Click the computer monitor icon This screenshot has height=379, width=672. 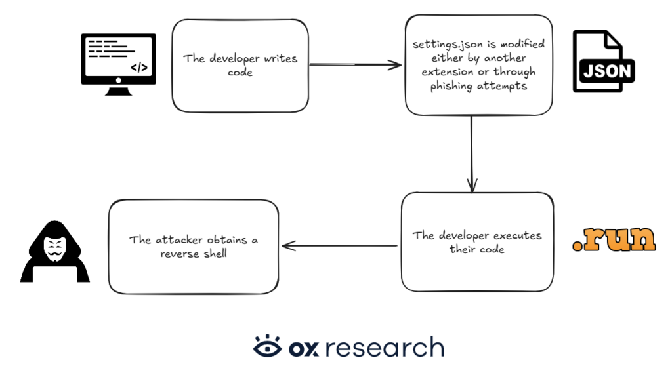pyautogui.click(x=118, y=64)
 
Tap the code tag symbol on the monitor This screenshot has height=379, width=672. pyautogui.click(x=139, y=68)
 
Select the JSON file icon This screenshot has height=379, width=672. pyautogui.click(x=604, y=61)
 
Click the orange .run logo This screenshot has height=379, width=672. pyautogui.click(x=614, y=238)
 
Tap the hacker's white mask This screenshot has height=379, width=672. pyautogui.click(x=55, y=249)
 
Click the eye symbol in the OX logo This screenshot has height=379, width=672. pyautogui.click(x=268, y=346)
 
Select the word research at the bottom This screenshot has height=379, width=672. pyautogui.click(x=385, y=348)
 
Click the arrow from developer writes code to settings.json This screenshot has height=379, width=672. pyautogui.click(x=355, y=65)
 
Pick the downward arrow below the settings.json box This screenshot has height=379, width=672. pyautogui.click(x=472, y=154)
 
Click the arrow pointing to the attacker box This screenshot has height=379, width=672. pyautogui.click(x=339, y=246)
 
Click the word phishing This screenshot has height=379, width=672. pyautogui.click(x=451, y=87)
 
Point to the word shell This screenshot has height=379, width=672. pyautogui.click(x=215, y=254)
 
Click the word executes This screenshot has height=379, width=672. pyautogui.click(x=517, y=235)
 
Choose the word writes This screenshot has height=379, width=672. pyautogui.click(x=280, y=58)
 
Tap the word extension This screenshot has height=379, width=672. pyautogui.click(x=447, y=72)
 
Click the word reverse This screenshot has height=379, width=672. pyautogui.click(x=179, y=254)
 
